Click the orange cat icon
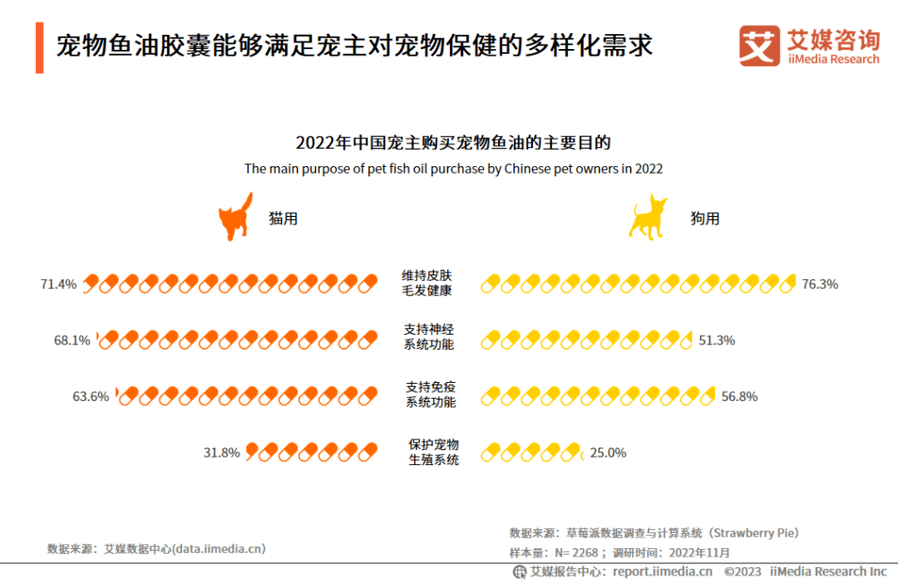pos(234,218)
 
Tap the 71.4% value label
pos(58,284)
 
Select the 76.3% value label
pos(820,284)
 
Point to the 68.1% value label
pos(72,340)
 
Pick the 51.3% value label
pos(717,340)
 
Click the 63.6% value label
pos(91,396)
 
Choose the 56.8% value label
pos(739,396)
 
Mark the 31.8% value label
pos(222,453)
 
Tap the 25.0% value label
pos(608,453)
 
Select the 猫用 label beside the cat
pos(283,218)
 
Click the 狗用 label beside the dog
pos(705,218)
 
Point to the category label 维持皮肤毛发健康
pos(428,283)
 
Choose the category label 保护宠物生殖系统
pos(433,452)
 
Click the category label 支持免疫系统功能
pos(430,394)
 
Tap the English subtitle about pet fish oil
pos(453,169)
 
